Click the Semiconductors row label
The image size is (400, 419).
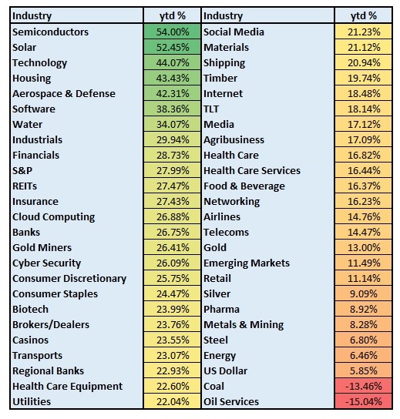[50, 32]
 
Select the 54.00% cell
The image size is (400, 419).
[172, 32]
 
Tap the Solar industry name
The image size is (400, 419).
[25, 48]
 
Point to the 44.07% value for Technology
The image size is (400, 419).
[173, 63]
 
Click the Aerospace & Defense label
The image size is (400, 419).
[64, 94]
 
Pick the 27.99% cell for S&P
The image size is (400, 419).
[172, 170]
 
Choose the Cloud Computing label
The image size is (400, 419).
[54, 217]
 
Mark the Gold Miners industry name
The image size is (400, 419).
[42, 248]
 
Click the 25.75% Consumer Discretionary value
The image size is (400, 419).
[173, 279]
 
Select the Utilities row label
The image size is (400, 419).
[32, 401]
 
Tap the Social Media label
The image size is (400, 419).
[234, 32]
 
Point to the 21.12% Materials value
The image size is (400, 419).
[364, 48]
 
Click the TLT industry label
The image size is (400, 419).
[211, 109]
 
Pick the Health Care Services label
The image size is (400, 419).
[252, 171]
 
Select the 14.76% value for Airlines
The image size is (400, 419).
[364, 217]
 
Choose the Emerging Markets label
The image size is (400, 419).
[247, 263]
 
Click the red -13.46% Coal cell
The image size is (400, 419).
[363, 386]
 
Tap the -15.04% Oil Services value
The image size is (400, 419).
[363, 401]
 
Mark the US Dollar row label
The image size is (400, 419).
[225, 371]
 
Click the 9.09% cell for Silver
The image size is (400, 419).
[363, 293]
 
